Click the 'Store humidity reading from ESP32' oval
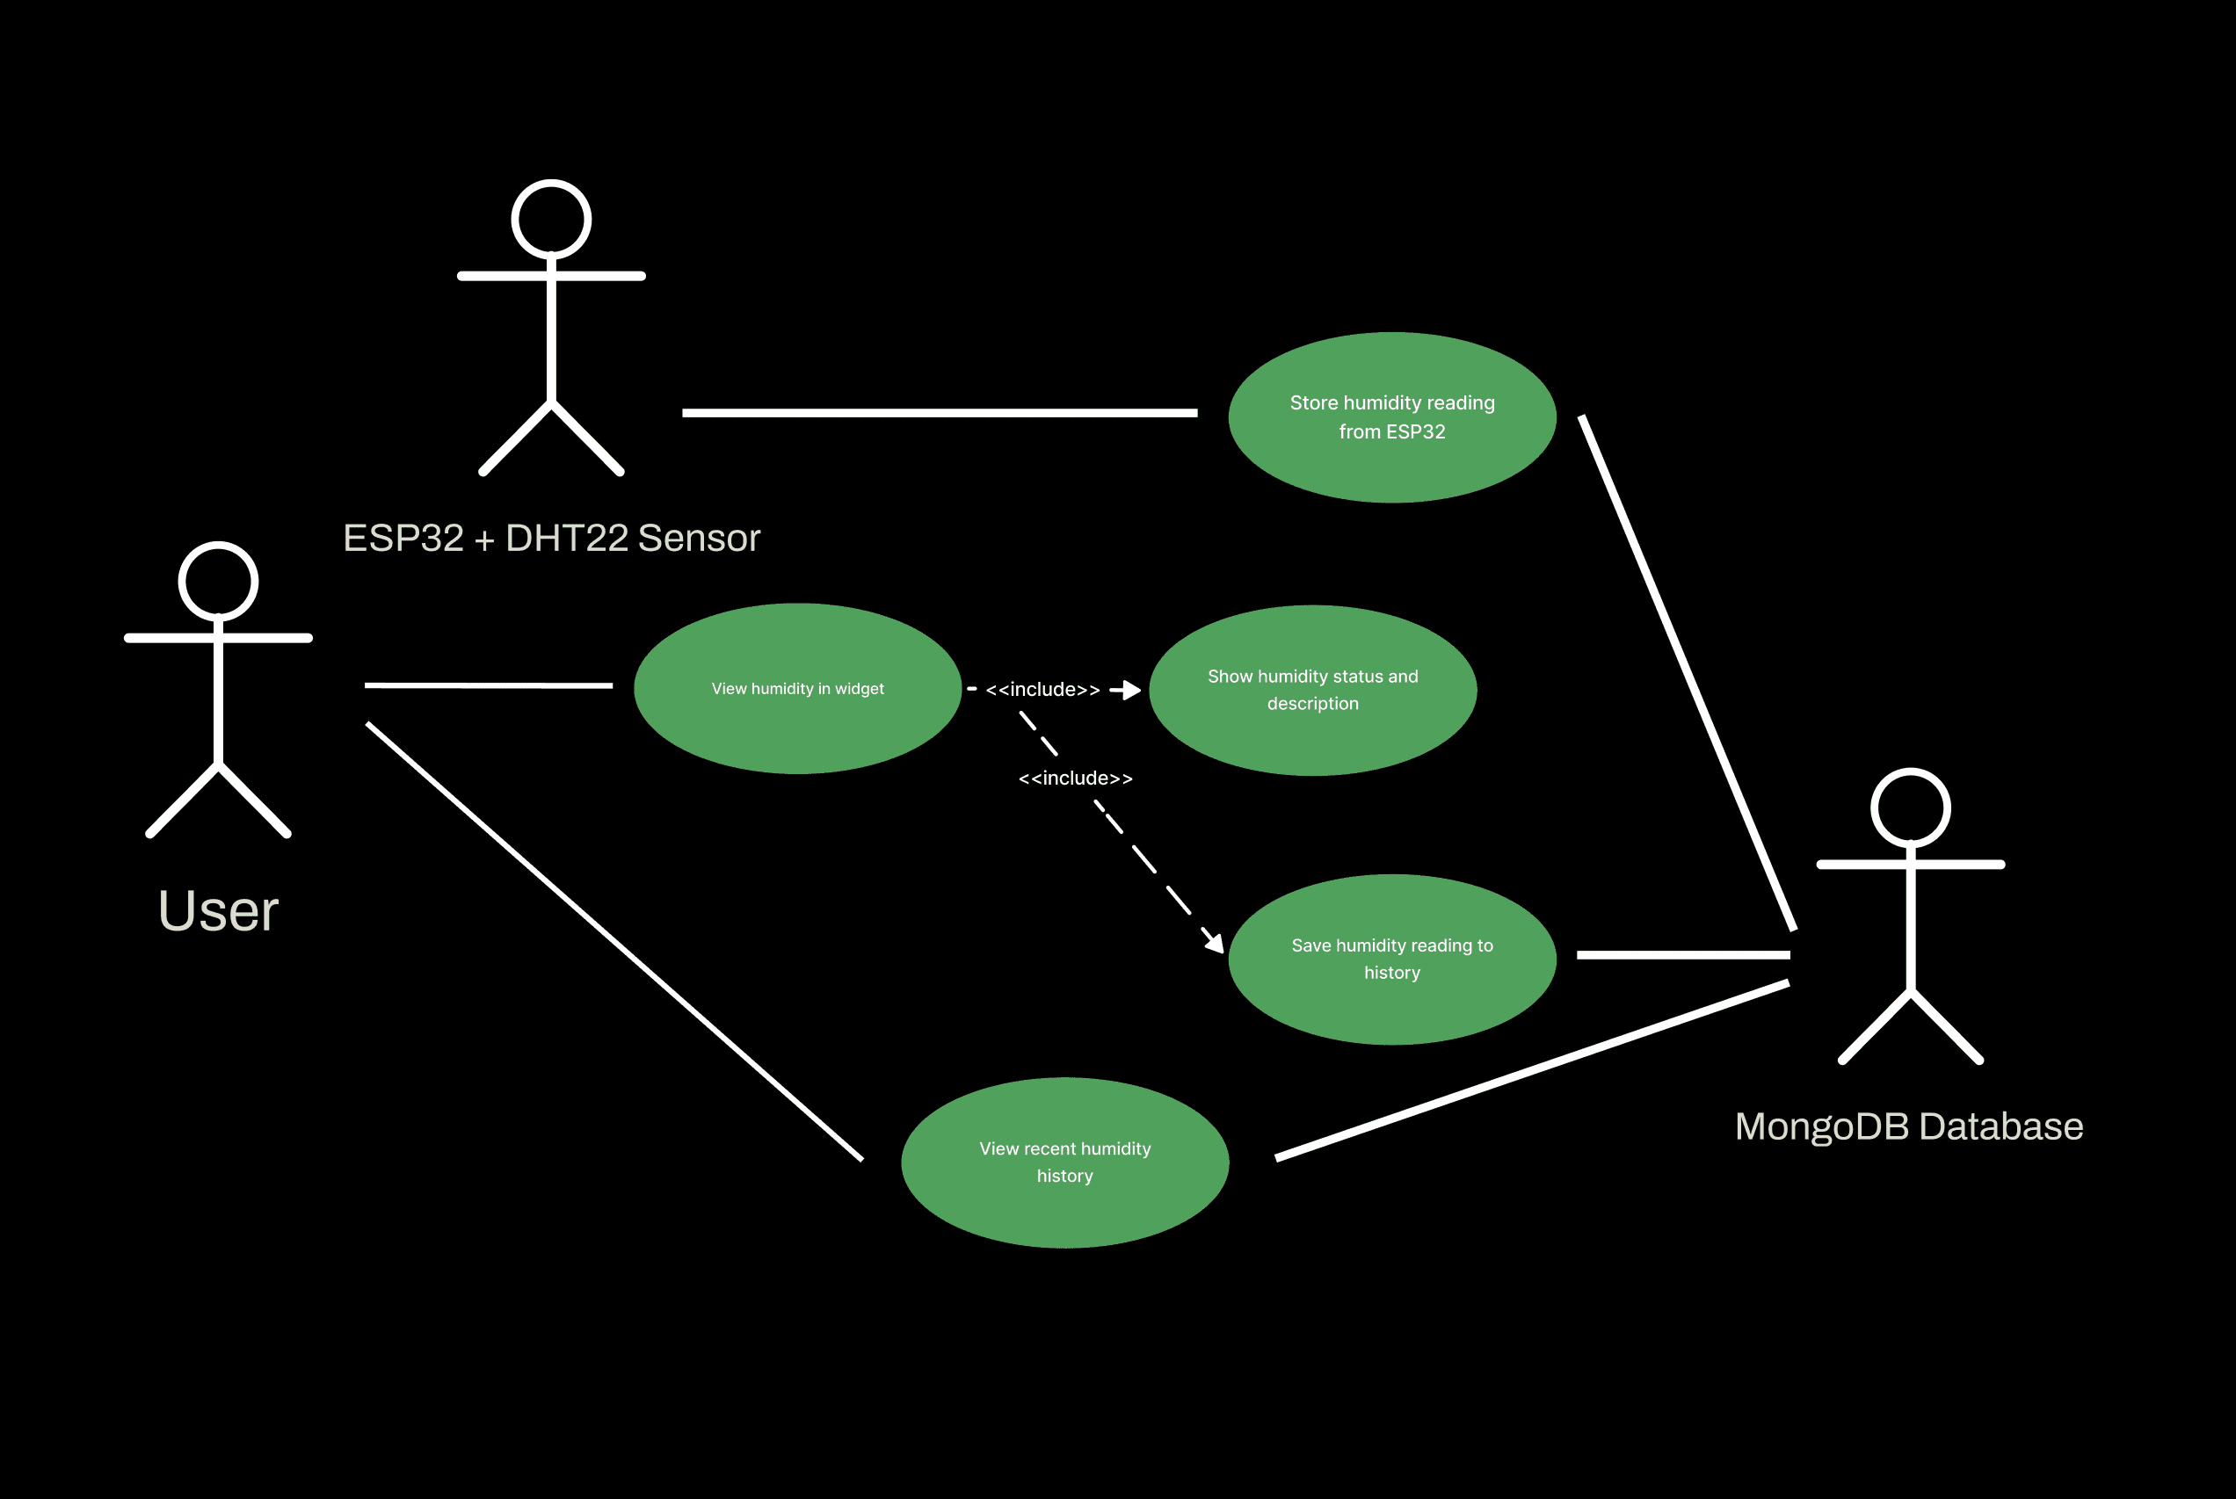pyautogui.click(x=1391, y=416)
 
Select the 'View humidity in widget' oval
pyautogui.click(x=797, y=688)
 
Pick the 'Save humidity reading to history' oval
pyautogui.click(x=1391, y=959)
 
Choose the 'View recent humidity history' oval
pyautogui.click(x=1064, y=1162)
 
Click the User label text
pyautogui.click(x=218, y=910)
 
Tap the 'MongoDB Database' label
pyautogui.click(x=1909, y=1126)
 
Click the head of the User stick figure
pyautogui.click(x=218, y=582)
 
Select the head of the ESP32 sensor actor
pyautogui.click(x=551, y=219)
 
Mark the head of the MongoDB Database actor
pyautogui.click(x=1910, y=807)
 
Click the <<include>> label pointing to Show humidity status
pyautogui.click(x=1042, y=689)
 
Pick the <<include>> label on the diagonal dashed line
pyautogui.click(x=1075, y=778)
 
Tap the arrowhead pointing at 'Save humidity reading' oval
pyautogui.click(x=1215, y=942)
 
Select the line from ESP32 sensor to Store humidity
pyautogui.click(x=940, y=413)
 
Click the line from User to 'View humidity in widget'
pyautogui.click(x=488, y=685)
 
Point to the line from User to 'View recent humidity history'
pyautogui.click(x=614, y=942)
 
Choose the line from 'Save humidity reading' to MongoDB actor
pyautogui.click(x=1682, y=954)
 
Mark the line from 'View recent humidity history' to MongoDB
pyautogui.click(x=1532, y=1069)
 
